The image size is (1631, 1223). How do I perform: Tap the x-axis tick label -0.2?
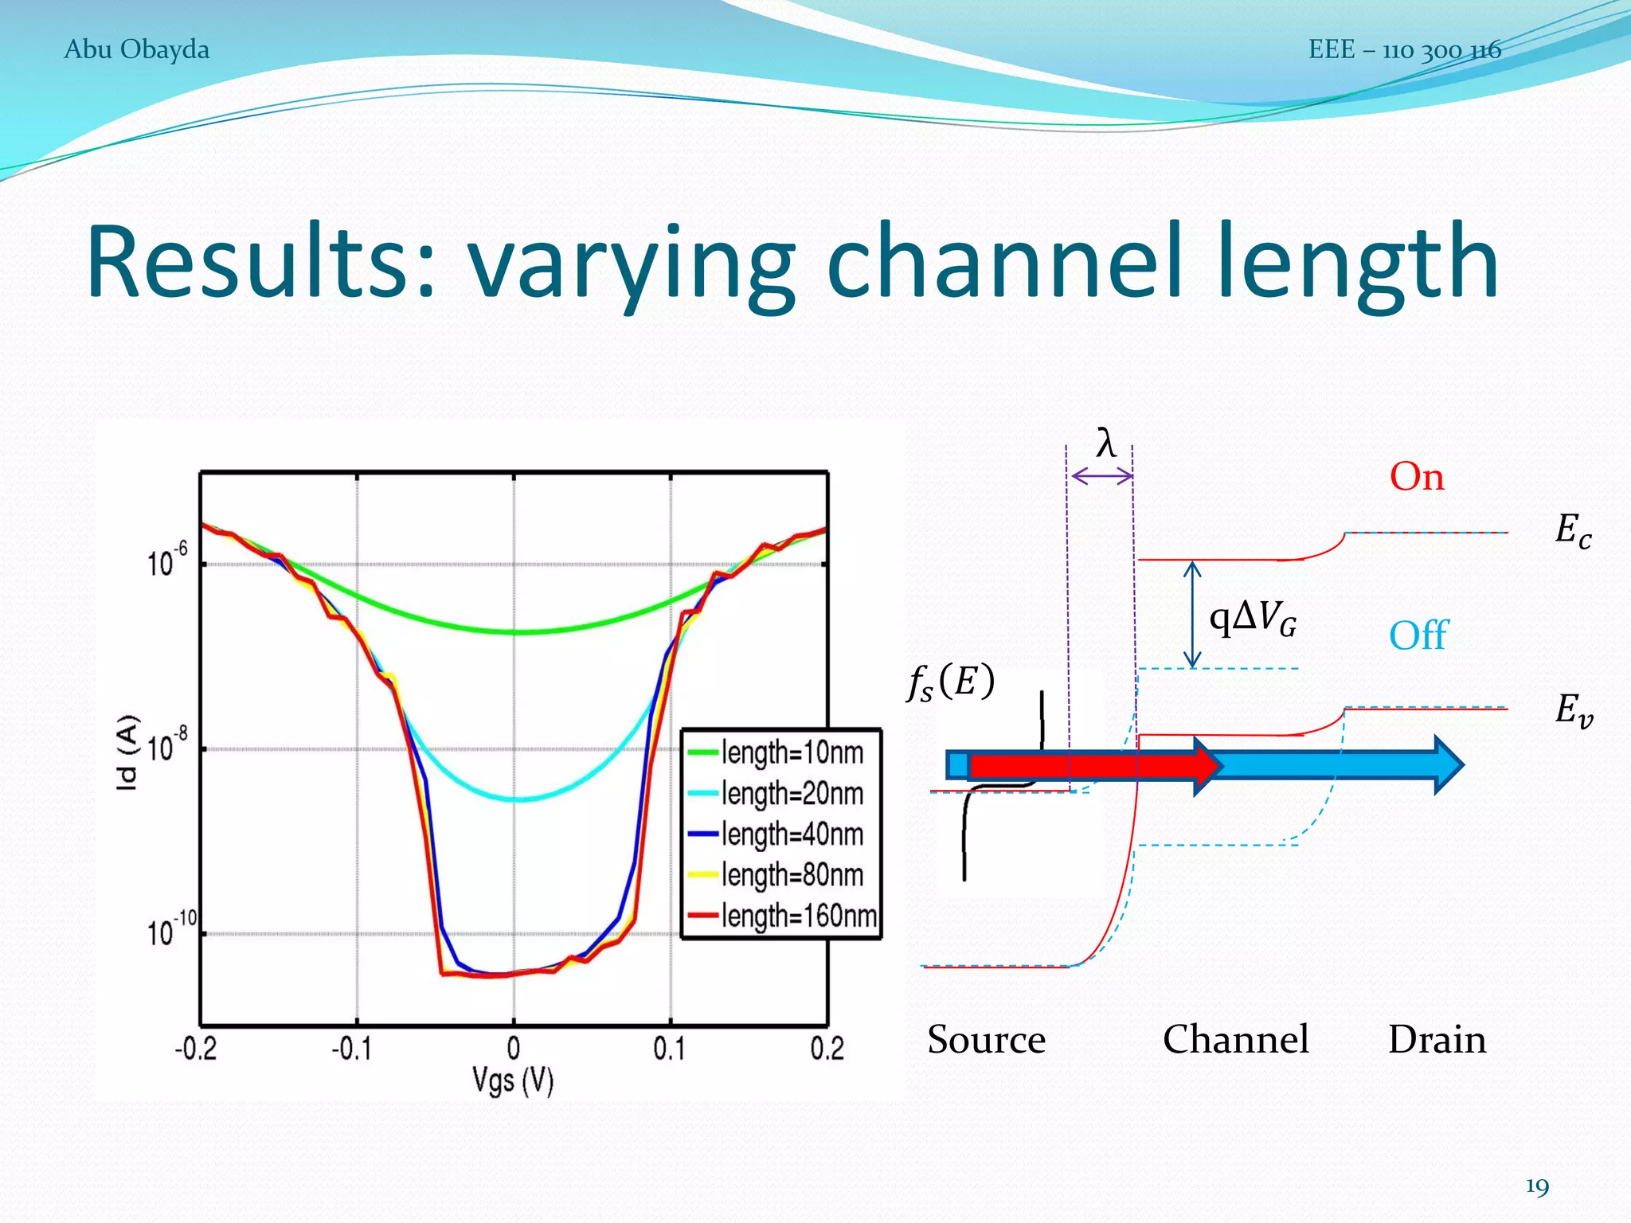196,1049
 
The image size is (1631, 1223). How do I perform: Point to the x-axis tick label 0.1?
669,1049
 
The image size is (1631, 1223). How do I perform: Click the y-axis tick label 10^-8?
167,745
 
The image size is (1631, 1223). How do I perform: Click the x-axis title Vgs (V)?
513,1080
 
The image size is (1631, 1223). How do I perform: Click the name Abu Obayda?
136,49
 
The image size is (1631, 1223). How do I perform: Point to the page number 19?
1537,1186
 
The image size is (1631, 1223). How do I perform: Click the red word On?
1417,477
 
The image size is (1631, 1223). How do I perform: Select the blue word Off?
1418,635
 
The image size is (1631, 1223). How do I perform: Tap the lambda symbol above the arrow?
1105,443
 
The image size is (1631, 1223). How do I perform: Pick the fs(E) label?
951,682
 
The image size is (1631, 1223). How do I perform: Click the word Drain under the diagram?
1437,1039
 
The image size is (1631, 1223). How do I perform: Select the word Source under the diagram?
986,1039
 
